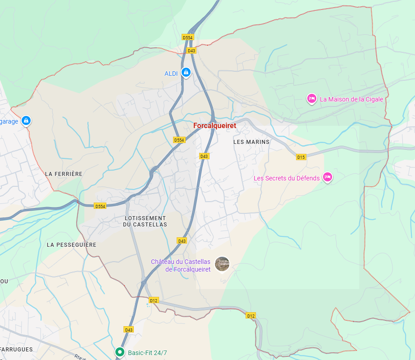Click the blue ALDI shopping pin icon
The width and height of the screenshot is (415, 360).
[186, 72]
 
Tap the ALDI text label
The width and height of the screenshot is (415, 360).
[171, 74]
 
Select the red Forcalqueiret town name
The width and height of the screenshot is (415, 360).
[214, 126]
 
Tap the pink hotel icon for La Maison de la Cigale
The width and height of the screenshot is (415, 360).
[311, 98]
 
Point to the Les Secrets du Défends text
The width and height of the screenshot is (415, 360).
[287, 178]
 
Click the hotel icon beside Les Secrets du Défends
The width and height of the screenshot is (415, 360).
[328, 177]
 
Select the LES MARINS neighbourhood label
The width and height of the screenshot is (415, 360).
[251, 142]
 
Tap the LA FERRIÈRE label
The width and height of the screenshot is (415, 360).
[64, 174]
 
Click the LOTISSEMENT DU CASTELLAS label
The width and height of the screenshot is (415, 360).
[145, 221]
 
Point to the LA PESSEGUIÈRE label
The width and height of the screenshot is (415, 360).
[72, 245]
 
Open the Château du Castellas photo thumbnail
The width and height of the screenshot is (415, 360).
[222, 264]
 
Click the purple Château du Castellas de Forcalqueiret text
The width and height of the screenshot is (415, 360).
[181, 265]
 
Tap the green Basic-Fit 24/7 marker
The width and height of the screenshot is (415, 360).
[119, 352]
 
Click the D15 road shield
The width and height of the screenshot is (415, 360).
[301, 157]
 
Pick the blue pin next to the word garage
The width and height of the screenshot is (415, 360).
[26, 120]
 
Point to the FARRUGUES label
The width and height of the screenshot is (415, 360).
[17, 350]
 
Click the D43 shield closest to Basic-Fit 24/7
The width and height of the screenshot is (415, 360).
[129, 330]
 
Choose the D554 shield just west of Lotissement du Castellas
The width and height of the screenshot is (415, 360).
[100, 206]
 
